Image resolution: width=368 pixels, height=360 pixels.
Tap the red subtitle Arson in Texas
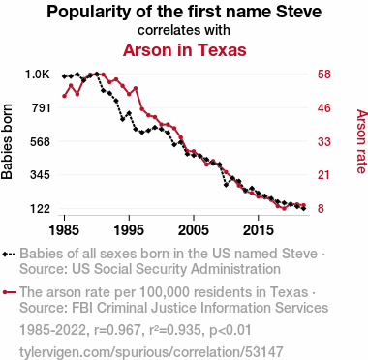pyautogui.click(x=185, y=50)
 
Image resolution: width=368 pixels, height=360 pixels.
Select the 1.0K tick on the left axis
pyautogui.click(x=38, y=75)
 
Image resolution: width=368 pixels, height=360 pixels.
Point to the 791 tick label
pyautogui.click(x=41, y=107)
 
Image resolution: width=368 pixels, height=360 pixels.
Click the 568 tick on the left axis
pyautogui.click(x=41, y=141)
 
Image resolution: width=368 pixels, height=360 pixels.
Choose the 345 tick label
pyautogui.click(x=41, y=175)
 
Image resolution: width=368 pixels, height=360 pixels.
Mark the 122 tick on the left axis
pyautogui.click(x=41, y=209)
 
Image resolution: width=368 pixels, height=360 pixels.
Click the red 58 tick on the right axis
pyautogui.click(x=324, y=75)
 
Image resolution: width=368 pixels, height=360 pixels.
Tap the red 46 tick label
pyautogui.click(x=324, y=107)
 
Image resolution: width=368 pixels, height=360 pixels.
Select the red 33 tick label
pyautogui.click(x=324, y=141)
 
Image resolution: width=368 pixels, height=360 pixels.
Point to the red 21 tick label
pyautogui.click(x=324, y=175)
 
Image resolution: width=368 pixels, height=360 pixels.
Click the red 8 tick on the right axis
pyautogui.click(x=321, y=209)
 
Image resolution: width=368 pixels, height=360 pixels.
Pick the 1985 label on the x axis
pyautogui.click(x=64, y=230)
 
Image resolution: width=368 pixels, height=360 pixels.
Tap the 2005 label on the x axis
pyautogui.click(x=194, y=230)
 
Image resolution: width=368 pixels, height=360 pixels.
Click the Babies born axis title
pyautogui.click(x=7, y=141)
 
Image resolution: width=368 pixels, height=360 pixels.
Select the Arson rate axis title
pyautogui.click(x=362, y=141)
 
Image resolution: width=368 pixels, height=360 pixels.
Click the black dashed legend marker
pyautogui.click(x=9, y=254)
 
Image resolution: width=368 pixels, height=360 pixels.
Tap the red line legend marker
pyautogui.click(x=9, y=292)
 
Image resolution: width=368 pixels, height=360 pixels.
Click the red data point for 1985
pyautogui.click(x=64, y=96)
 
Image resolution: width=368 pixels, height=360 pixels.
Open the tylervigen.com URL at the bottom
pyautogui.click(x=151, y=352)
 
